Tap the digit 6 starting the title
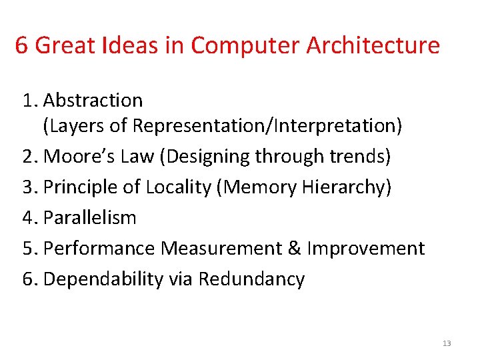coord(21,45)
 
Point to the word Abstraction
coord(93,101)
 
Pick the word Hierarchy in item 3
coord(345,187)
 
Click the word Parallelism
coord(89,217)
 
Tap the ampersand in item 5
coord(294,249)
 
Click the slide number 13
coord(447,343)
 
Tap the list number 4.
coord(28,217)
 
